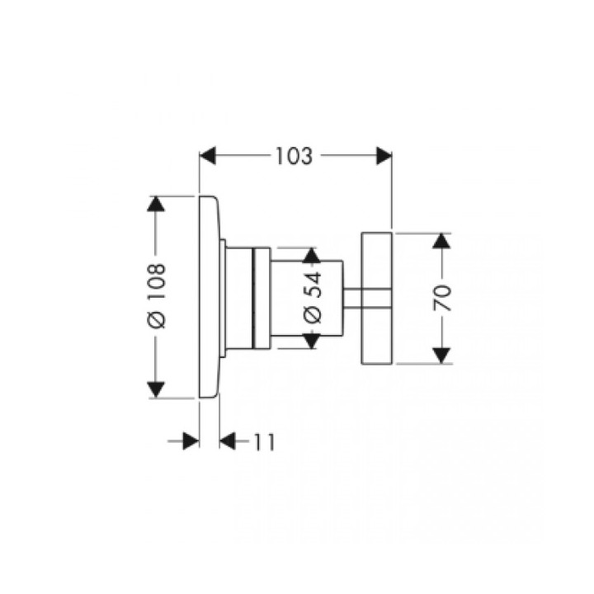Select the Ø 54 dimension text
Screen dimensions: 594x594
(x=311, y=297)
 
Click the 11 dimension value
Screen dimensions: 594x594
(x=263, y=441)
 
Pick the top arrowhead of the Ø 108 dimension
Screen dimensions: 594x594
(x=157, y=205)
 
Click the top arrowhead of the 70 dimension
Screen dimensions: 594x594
(x=443, y=241)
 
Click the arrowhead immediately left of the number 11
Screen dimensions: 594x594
(x=229, y=441)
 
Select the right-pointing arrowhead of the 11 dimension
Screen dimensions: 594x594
(x=191, y=441)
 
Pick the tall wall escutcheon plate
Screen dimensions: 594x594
(x=210, y=297)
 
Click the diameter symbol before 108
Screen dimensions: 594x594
(x=157, y=321)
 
